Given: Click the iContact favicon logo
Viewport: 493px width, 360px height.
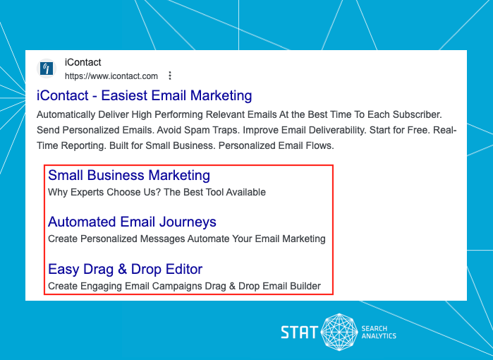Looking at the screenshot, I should pos(48,68).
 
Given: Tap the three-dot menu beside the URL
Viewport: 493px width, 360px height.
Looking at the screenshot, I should pos(169,76).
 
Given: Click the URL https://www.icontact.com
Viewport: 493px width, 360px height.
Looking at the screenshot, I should pos(111,76).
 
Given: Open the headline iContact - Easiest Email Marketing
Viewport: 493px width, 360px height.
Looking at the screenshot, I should pos(144,96).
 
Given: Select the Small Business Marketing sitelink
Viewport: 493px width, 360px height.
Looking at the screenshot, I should pos(129,175).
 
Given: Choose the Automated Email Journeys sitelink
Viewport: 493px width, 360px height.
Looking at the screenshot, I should pos(132,222).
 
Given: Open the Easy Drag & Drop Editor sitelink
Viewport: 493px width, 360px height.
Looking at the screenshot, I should pos(125,269).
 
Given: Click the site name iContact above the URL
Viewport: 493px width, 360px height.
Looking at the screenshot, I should pos(83,63).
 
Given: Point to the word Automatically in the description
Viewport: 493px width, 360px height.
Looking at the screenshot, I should pos(68,114).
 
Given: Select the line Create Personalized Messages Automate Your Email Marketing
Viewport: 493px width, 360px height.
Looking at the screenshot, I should pos(187,239).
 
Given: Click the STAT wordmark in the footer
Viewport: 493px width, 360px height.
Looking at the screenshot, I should pos(299,332).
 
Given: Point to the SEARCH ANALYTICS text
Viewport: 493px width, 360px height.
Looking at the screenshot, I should pos(379,332).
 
